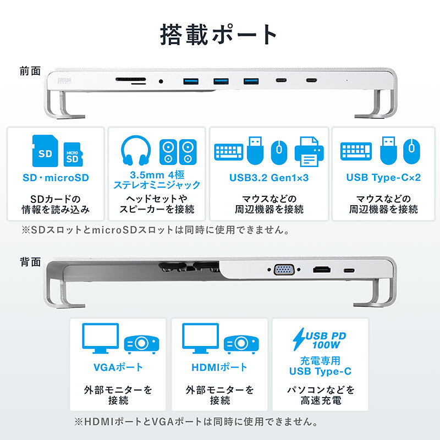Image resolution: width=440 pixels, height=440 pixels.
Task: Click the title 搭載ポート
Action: tap(218, 35)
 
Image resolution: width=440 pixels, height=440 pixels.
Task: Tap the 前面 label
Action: tap(30, 71)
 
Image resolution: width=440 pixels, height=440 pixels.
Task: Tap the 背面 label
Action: tap(30, 262)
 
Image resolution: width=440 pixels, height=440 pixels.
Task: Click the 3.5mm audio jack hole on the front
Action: tap(161, 81)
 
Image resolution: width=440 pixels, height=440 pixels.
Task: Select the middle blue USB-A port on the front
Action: tap(221, 81)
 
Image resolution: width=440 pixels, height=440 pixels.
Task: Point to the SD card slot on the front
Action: tap(131, 79)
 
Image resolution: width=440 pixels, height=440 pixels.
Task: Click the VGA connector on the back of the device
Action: tap(284, 269)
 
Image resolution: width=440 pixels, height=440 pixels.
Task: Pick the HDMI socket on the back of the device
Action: tap(322, 270)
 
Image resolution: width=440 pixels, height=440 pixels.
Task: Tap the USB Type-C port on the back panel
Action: tap(349, 271)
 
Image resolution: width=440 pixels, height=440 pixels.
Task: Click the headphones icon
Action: tap(136, 151)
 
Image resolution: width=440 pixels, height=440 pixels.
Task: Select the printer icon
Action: tap(309, 152)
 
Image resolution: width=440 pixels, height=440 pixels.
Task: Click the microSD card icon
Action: tap(73, 155)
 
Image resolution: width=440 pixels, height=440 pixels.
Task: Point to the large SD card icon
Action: tap(45, 151)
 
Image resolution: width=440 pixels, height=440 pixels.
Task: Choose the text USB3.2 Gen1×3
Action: tap(269, 178)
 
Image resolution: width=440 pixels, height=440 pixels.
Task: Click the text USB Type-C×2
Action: tap(383, 177)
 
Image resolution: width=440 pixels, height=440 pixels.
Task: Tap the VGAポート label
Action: tap(118, 367)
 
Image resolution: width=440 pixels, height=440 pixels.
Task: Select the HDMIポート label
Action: tap(219, 367)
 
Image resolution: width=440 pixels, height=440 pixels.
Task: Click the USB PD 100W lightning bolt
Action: tap(299, 339)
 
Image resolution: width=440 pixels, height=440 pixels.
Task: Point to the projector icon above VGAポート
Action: tap(141, 344)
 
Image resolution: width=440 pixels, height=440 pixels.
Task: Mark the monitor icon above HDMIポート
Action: tap(200, 338)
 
